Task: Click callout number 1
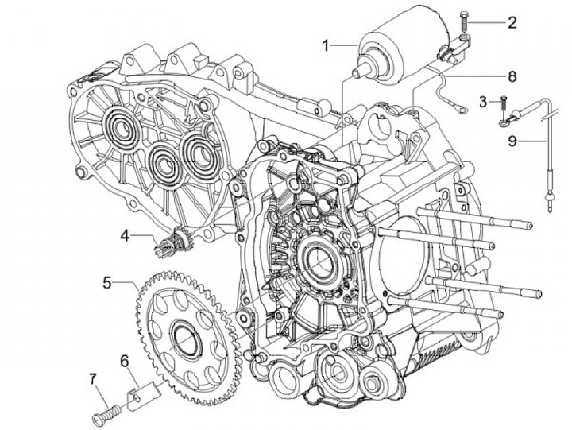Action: click(326, 45)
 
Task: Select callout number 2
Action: click(512, 21)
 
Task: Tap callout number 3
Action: click(483, 101)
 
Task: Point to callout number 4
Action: click(126, 234)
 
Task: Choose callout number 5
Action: click(107, 281)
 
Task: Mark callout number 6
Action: click(125, 360)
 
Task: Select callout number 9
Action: click(512, 141)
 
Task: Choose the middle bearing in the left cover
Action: click(162, 162)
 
